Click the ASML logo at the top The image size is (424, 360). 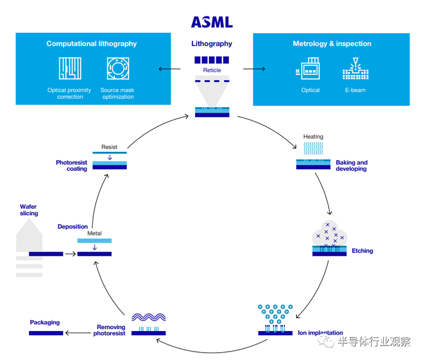coord(211,22)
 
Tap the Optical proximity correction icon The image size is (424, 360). coord(70,68)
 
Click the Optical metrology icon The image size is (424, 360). coord(310,70)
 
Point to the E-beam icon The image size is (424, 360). coord(356,70)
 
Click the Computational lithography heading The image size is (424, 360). coord(91,44)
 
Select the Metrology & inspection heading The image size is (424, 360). coord(332,44)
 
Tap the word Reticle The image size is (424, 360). coord(212,70)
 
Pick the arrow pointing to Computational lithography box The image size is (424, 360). coord(169,69)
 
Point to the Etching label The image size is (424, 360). coord(362,250)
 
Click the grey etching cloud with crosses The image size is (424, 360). coord(329,234)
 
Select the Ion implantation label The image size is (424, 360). coord(320,333)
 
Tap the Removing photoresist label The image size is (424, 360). coord(109,330)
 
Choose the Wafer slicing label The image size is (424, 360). coord(28,210)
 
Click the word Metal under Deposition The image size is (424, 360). coord(94,233)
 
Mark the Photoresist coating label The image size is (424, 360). coord(71,166)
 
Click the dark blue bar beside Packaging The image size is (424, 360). coord(46,333)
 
